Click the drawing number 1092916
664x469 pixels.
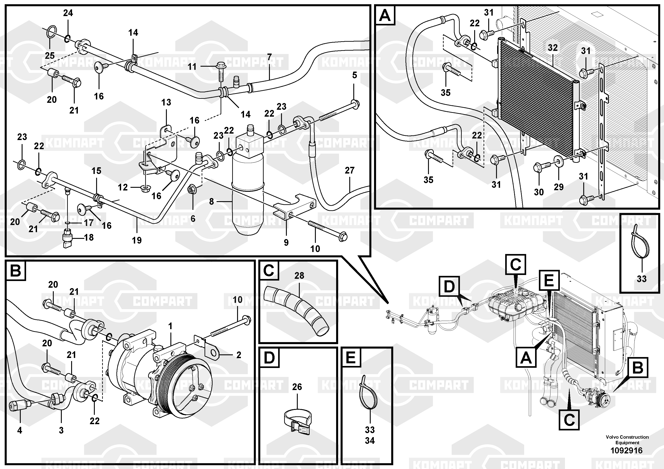pos(626,450)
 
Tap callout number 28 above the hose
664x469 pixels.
pos(299,276)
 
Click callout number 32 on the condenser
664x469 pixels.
pos(553,48)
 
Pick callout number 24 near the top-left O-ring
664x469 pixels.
pos(68,13)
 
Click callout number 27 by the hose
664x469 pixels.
pos(350,170)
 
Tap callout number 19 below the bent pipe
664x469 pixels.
pos(137,240)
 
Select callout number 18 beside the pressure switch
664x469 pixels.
pos(89,237)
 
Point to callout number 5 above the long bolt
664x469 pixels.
pos(355,75)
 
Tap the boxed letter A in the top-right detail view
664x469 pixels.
pos(385,15)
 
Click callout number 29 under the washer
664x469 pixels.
pos(559,187)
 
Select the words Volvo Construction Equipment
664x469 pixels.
pos(627,440)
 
